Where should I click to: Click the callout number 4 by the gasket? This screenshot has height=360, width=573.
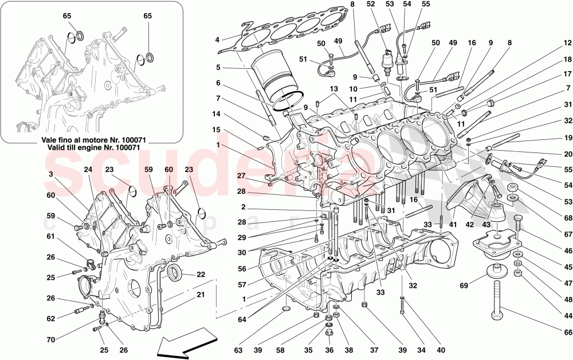[x=217, y=40]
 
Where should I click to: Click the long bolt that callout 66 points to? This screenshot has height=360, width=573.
[x=497, y=296]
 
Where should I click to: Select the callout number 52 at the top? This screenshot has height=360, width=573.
[x=371, y=5]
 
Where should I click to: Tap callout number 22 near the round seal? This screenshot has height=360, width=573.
[x=201, y=275]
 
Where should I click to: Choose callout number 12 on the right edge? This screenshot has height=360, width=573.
[x=566, y=43]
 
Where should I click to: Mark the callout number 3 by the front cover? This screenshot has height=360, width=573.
[x=51, y=174]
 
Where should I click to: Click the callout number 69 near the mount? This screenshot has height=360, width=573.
[x=464, y=285]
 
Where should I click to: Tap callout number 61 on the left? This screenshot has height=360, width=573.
[x=51, y=236]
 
